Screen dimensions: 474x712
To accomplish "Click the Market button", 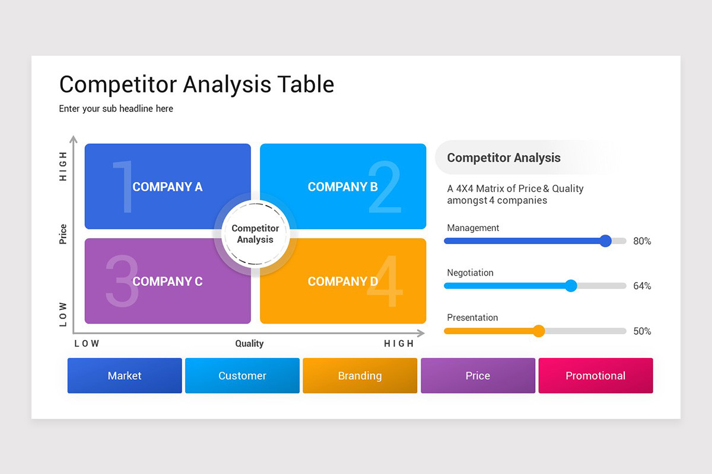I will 125,376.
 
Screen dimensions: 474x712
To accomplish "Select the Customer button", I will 242,376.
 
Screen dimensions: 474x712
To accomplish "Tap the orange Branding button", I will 360,376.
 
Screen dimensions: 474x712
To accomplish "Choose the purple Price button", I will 478,376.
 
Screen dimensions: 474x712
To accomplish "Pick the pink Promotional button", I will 595,376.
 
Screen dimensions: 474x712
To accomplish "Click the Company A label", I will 167,187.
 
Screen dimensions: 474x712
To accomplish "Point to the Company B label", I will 342,187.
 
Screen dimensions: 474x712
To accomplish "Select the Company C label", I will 167,281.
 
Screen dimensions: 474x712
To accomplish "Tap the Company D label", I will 342,281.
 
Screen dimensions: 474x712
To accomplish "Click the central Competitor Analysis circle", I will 255,234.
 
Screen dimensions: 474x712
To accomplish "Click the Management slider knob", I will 605,241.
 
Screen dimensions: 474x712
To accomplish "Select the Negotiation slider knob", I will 571,286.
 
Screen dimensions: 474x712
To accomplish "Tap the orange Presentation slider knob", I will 539,331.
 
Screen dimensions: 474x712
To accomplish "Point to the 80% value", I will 642,241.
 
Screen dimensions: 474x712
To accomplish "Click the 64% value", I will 642,286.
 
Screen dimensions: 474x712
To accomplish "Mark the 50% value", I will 642,331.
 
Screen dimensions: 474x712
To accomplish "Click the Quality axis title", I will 249,344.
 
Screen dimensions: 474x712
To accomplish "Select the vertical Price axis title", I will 63,234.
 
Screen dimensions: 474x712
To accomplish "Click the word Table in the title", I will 306,85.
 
